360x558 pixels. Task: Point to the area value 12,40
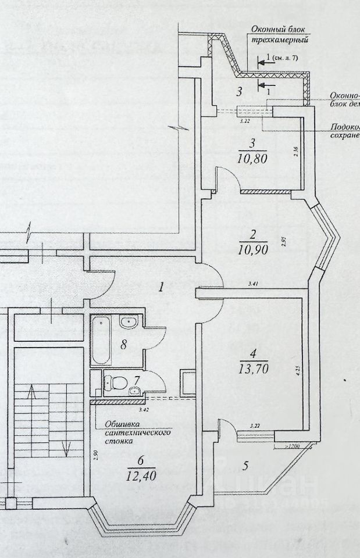140,475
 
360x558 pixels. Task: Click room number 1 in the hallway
163,286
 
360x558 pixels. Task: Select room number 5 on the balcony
245,466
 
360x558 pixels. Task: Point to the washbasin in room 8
128,322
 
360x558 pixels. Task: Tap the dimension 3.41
252,284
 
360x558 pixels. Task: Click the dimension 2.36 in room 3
296,153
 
